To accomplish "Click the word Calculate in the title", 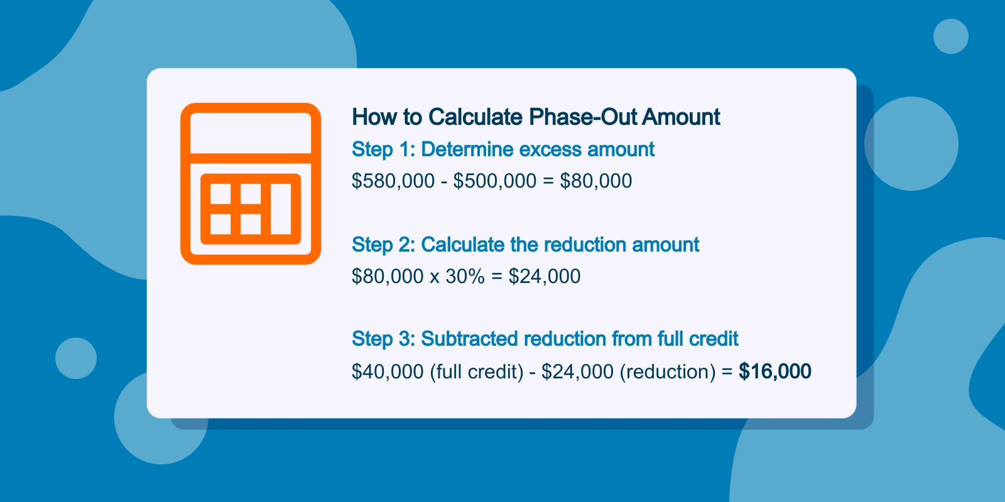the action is (x=475, y=117).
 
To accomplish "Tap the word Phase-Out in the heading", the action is (x=582, y=117).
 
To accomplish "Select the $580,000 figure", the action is (x=393, y=181).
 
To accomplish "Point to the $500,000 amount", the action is (x=495, y=181).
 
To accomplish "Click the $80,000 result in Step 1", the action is (x=596, y=181).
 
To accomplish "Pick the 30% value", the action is (x=465, y=277).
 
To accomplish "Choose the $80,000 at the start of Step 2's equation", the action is (x=388, y=277).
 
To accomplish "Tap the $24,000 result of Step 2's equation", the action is (x=544, y=277).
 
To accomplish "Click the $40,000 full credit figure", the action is (x=388, y=371).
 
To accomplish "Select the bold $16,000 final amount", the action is (x=775, y=371).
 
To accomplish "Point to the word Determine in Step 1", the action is (x=467, y=150).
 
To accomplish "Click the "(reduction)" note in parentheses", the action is (x=668, y=372).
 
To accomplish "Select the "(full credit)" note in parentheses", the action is (x=477, y=372).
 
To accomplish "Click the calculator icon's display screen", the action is (x=251, y=133).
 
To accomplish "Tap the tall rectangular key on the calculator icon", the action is (x=281, y=209).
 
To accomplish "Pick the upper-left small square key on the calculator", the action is (x=220, y=194).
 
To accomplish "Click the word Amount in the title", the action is (x=681, y=117).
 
